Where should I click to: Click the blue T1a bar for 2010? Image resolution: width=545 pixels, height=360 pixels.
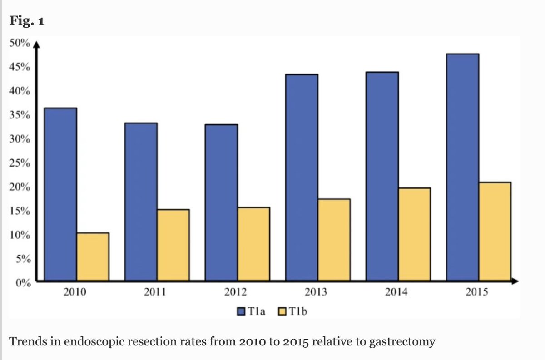[x=60, y=194]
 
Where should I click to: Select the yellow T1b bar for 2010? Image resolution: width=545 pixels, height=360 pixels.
[x=93, y=256]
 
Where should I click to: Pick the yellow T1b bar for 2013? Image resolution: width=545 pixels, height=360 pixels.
[x=334, y=240]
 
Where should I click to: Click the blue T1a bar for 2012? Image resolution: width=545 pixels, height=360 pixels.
[x=221, y=202]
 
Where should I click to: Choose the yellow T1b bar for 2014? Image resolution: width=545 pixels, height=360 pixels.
[x=414, y=234]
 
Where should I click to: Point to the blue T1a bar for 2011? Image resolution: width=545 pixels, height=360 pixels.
[x=141, y=202]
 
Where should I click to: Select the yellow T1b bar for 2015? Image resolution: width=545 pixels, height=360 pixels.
[x=495, y=231]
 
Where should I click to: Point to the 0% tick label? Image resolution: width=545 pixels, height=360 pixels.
[x=23, y=283]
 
